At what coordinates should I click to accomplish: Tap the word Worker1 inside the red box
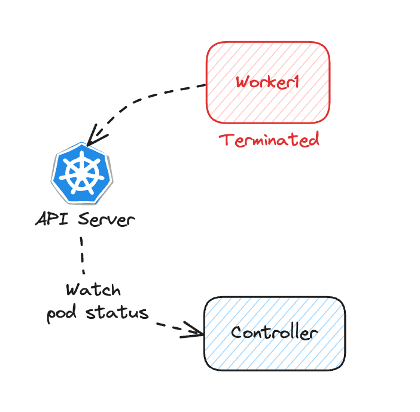pos(267,82)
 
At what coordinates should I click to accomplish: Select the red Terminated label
pos(269,140)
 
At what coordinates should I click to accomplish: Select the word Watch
pos(93,291)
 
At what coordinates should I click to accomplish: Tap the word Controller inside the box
pos(275,333)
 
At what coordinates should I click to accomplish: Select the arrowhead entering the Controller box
pos(196,330)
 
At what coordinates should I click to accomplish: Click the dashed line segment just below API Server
pos(82,254)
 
